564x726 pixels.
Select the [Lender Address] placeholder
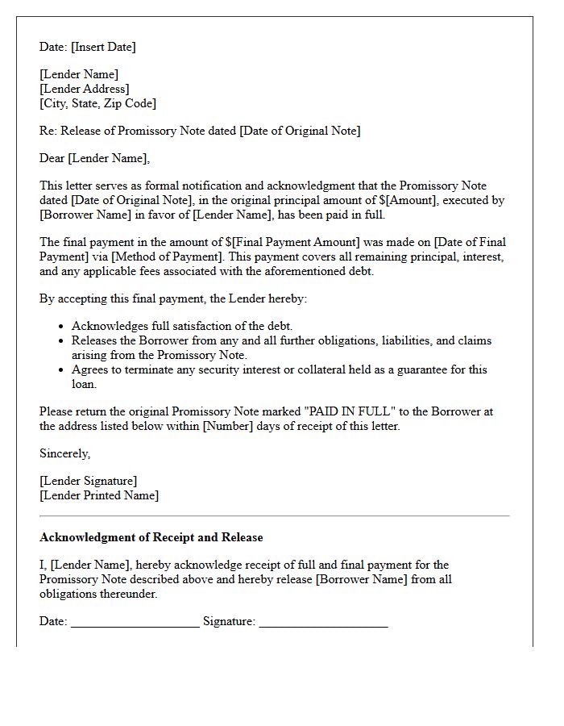coord(85,89)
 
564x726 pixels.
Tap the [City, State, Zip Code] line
coord(97,103)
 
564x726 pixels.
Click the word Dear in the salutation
coord(52,158)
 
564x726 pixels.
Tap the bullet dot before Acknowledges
coord(61,327)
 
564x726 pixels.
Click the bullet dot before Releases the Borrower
coord(61,341)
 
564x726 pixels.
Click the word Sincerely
coord(64,453)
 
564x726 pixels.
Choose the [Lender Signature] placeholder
coord(88,481)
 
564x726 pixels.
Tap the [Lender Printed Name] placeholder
coord(99,495)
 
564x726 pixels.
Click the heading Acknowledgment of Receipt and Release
coord(151,537)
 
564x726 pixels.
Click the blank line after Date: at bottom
coord(135,623)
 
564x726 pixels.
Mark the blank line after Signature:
coord(323,623)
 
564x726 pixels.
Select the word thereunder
coord(98,594)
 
